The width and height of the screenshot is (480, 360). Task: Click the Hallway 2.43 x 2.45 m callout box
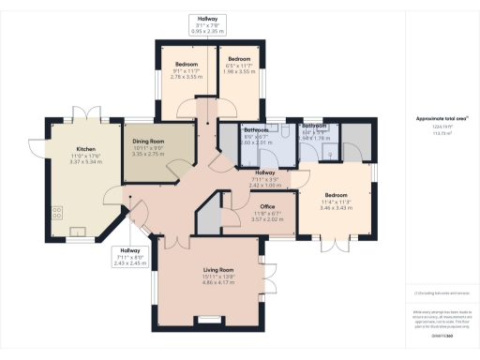pos(129,256)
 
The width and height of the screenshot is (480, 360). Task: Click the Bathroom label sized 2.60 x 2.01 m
pos(256,136)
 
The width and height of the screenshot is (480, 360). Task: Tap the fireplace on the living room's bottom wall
pos(209,321)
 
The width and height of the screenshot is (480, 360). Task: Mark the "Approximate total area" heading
pos(435,119)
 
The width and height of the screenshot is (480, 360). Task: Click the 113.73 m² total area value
pos(435,133)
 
